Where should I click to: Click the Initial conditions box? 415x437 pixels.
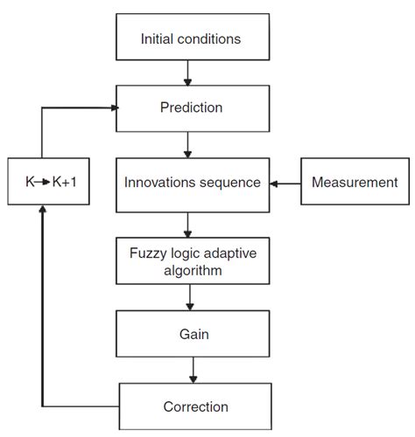[190, 38]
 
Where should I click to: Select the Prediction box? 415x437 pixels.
[190, 109]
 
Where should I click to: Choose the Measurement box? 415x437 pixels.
[353, 182]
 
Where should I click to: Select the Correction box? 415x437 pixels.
[194, 406]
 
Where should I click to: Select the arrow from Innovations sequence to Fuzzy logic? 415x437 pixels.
[186, 224]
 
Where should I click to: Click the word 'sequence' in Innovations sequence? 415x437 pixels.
[230, 183]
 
